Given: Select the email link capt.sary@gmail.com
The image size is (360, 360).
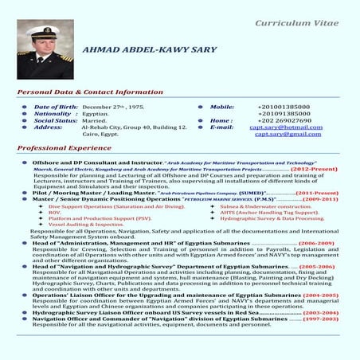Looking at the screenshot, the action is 288,135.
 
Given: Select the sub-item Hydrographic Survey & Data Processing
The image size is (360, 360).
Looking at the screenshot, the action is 260,218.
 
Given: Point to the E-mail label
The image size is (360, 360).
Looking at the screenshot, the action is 221,127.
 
